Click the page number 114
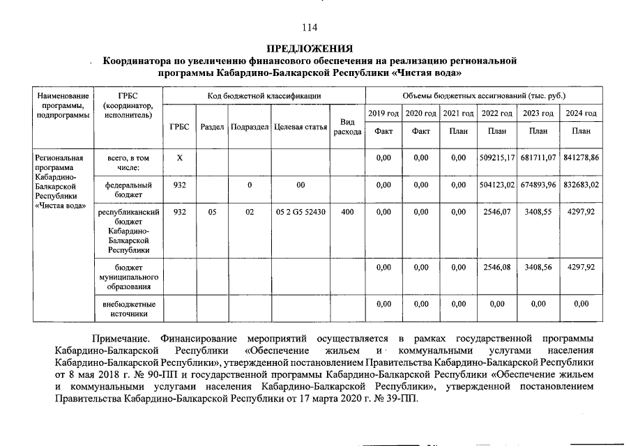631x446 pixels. click(310, 27)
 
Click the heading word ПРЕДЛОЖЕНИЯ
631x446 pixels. click(310, 49)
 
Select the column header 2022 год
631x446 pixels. click(497, 113)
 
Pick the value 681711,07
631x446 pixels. click(538, 158)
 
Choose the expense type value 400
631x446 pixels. click(347, 212)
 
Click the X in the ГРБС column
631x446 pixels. click(179, 158)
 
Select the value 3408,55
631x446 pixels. click(538, 212)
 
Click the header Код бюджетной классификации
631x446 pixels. click(264, 95)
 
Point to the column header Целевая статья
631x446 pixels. click(301, 127)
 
